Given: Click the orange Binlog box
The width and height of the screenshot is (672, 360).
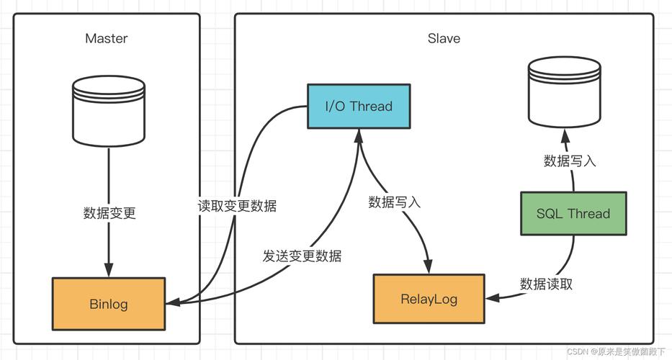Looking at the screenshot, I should click(109, 303).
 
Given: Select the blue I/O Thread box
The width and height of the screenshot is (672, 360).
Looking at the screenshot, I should click(359, 107).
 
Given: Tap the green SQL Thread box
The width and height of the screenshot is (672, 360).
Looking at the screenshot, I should click(573, 213).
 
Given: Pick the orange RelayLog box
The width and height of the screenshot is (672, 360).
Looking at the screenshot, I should click(429, 299).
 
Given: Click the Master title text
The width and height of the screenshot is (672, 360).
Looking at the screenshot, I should click(106, 38).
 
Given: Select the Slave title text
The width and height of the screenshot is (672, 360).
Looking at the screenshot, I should click(444, 38).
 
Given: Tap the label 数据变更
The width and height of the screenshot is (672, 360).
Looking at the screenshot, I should click(109, 213).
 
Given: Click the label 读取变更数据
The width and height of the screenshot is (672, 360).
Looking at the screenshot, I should click(237, 205).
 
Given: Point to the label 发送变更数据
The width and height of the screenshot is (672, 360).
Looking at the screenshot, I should click(302, 256).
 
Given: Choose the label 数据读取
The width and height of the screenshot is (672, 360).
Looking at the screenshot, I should click(547, 284).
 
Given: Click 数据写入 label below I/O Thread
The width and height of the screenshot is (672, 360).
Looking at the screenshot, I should click(394, 202).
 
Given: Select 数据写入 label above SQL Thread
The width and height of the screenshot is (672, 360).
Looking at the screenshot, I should click(570, 161).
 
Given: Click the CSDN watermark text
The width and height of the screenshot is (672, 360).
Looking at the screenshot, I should click(615, 351).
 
